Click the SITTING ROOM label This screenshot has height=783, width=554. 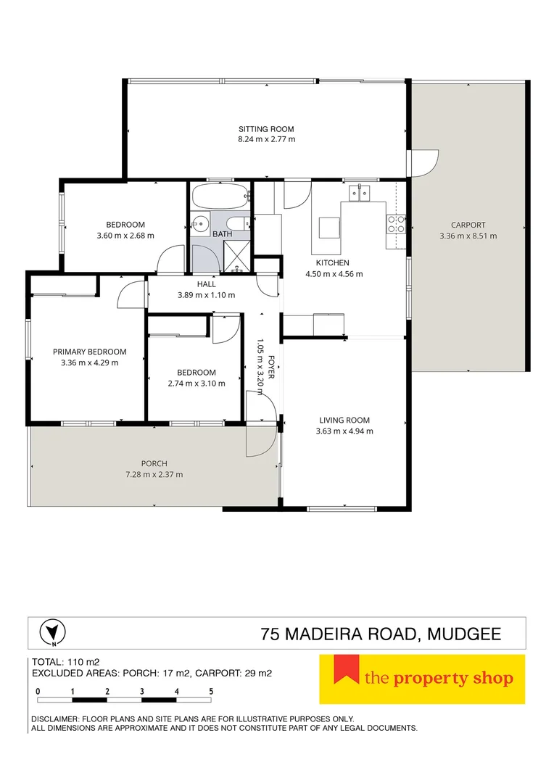tap(266, 129)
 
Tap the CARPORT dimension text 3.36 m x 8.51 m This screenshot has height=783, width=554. tap(468, 236)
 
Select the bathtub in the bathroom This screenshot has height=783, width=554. tap(220, 196)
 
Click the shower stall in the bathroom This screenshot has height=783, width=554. tap(236, 256)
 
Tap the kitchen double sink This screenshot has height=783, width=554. tap(359, 192)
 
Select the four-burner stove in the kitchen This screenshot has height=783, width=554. tap(396, 224)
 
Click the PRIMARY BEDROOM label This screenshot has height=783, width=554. tap(90, 352)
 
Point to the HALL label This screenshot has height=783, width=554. tap(207, 284)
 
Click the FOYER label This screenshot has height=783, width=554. tap(271, 367)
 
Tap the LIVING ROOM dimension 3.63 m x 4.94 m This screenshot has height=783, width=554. tap(344, 431)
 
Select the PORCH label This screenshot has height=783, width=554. tap(154, 464)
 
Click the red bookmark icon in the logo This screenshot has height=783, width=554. tap(346, 669)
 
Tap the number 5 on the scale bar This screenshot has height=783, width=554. tap(211, 692)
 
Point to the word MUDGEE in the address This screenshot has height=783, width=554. tap(465, 634)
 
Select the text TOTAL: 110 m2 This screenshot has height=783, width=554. tap(66, 663)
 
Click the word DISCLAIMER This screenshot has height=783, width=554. tap(53, 719)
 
